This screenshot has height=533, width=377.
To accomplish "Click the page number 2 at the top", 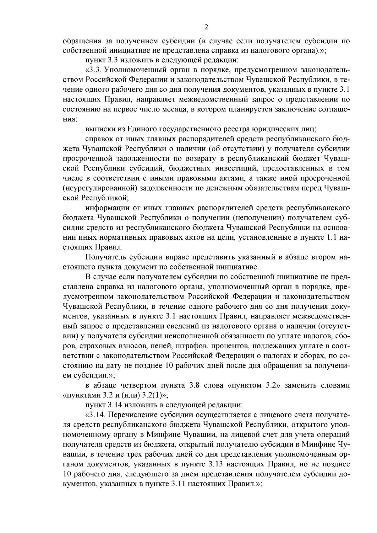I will pyautogui.click(x=206, y=27).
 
